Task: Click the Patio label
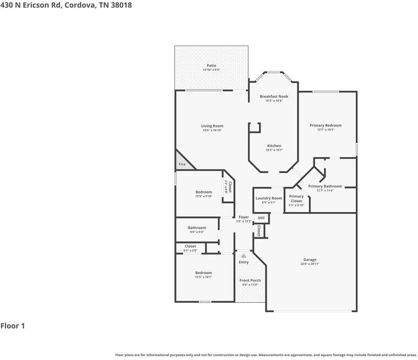(211, 66)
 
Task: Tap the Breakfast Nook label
(274, 96)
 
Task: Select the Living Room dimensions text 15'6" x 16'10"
(212, 131)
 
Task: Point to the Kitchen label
(274, 146)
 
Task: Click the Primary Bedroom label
(329, 125)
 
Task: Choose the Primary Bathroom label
(324, 186)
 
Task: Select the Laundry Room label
(269, 198)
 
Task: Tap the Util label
(261, 218)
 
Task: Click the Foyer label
(244, 217)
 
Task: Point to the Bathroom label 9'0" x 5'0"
(197, 228)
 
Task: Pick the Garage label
(310, 259)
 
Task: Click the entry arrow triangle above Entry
(244, 255)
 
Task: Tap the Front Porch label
(250, 280)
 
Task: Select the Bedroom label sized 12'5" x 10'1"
(204, 273)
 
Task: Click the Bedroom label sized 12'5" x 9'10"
(204, 192)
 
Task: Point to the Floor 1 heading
(13, 326)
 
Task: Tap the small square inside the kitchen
(254, 128)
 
